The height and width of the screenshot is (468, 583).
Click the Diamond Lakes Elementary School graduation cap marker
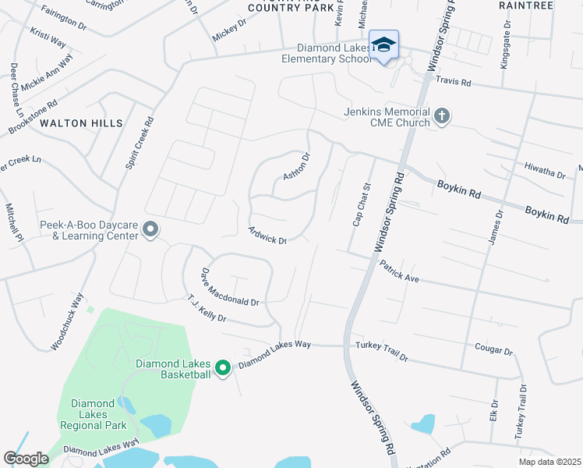[383, 44]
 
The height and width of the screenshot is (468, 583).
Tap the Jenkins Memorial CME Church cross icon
[442, 117]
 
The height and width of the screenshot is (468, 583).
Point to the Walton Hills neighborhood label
[82, 123]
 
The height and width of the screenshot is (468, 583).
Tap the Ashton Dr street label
[296, 166]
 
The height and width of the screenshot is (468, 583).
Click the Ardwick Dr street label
[267, 235]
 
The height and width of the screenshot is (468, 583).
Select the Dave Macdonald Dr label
[229, 287]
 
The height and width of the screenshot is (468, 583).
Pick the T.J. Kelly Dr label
[207, 308]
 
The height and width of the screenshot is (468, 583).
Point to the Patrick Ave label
[400, 271]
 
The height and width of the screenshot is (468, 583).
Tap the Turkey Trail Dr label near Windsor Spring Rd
[381, 351]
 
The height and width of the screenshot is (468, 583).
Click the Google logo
[26, 459]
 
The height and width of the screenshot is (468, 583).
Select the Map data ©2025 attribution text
[549, 462]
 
